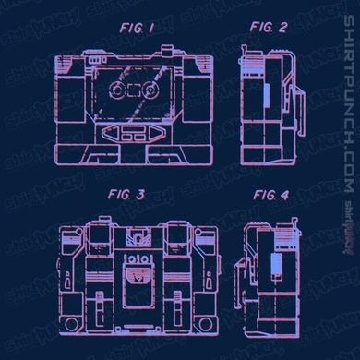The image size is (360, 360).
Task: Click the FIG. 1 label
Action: point(137,29)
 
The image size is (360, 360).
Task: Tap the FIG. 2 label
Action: point(269,28)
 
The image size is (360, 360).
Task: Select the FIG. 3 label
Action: point(126,195)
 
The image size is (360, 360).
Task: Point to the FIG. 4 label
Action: point(271,195)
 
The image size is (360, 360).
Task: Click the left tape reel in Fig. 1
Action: point(117,90)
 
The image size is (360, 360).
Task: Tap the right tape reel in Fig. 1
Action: point(150,90)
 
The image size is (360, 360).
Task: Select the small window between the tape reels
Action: point(134,90)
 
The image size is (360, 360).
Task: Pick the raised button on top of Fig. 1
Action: point(167,50)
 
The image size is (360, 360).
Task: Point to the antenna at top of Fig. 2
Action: point(245,51)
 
